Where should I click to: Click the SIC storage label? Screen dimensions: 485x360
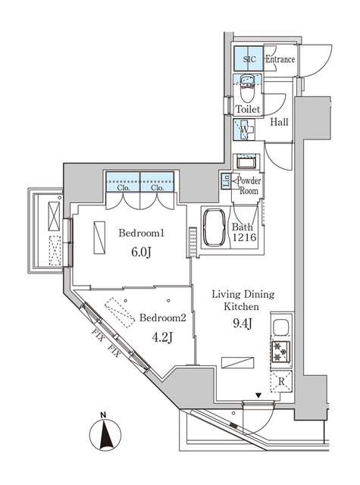click(x=250, y=59)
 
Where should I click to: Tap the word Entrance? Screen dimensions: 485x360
click(x=280, y=59)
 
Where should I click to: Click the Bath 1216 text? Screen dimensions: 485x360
click(x=243, y=231)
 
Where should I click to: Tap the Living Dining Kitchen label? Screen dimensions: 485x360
click(x=243, y=300)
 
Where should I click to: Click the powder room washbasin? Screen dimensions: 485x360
click(x=248, y=162)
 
